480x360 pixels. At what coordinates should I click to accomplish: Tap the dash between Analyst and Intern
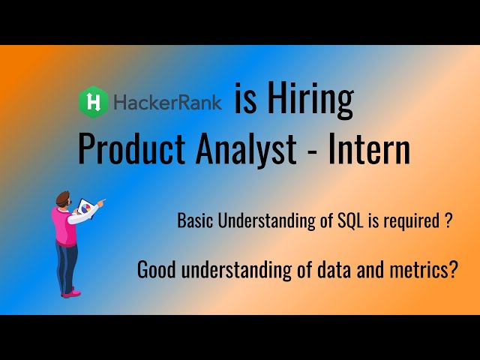coord(312,152)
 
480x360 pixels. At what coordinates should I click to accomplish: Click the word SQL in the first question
coord(356,221)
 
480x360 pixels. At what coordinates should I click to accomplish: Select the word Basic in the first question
coord(194,221)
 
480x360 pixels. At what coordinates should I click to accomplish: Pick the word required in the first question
coord(415,222)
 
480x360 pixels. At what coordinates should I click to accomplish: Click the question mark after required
coord(447,221)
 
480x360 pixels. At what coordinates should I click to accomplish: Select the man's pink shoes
coord(70,293)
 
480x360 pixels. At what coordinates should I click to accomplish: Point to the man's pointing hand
coord(101,201)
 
